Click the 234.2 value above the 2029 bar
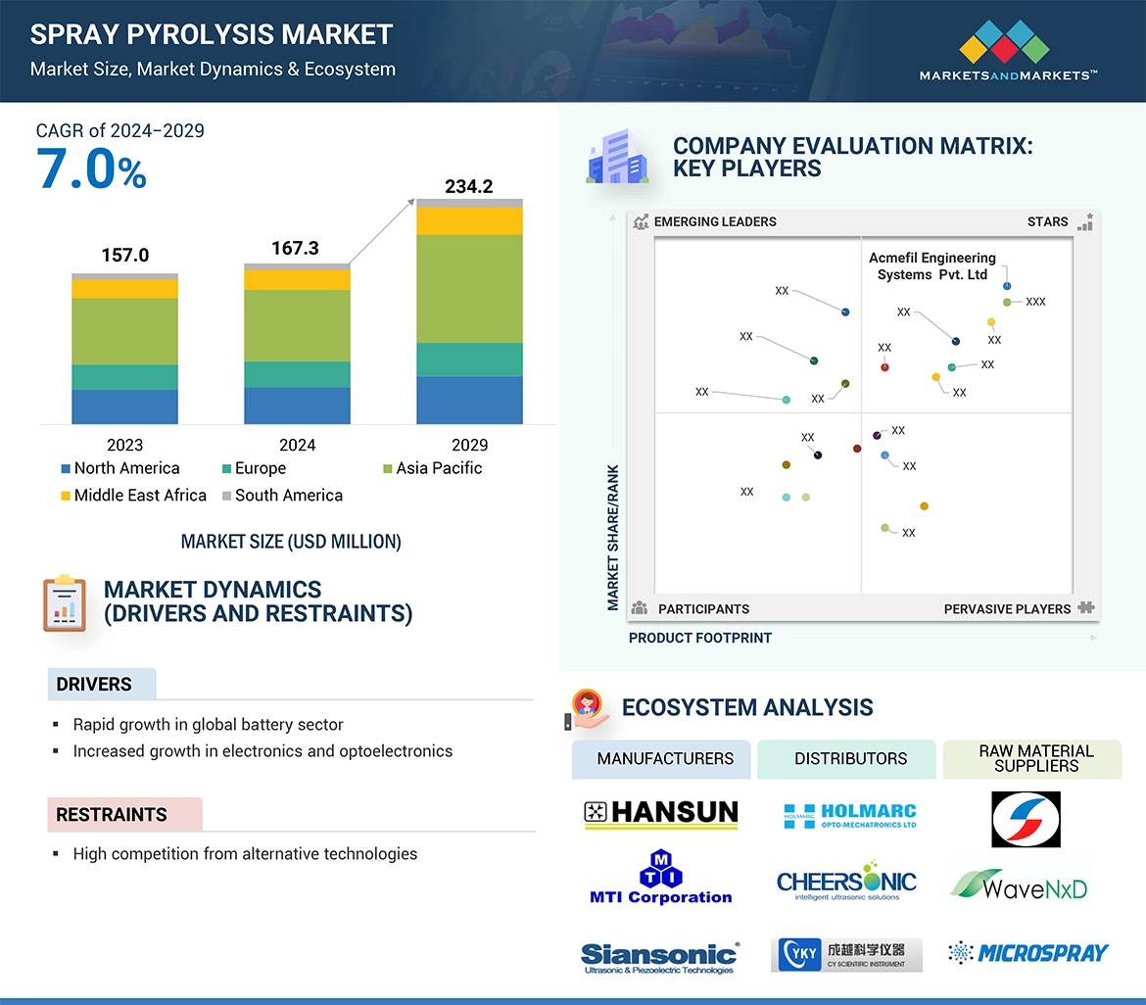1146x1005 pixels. [x=468, y=186]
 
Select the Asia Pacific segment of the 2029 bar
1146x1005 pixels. [x=469, y=289]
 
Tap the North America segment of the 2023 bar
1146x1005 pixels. [x=124, y=407]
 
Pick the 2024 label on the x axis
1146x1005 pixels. [x=297, y=445]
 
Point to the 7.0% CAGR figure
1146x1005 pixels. [x=91, y=169]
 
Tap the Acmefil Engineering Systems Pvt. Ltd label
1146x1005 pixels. [x=931, y=266]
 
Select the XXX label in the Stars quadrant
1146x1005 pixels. [x=1035, y=302]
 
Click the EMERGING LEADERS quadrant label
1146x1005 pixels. [x=714, y=221]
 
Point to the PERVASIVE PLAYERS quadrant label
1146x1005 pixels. [x=1007, y=609]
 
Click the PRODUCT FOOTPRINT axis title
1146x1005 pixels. [x=699, y=638]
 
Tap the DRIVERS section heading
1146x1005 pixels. [x=94, y=685]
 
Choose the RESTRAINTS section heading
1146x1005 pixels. [x=111, y=815]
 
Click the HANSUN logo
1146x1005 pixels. [x=661, y=813]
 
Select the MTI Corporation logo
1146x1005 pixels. [x=660, y=879]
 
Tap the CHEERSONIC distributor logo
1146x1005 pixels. [x=846, y=883]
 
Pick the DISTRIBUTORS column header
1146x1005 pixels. [x=850, y=759]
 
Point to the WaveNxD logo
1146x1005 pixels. [x=1019, y=887]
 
